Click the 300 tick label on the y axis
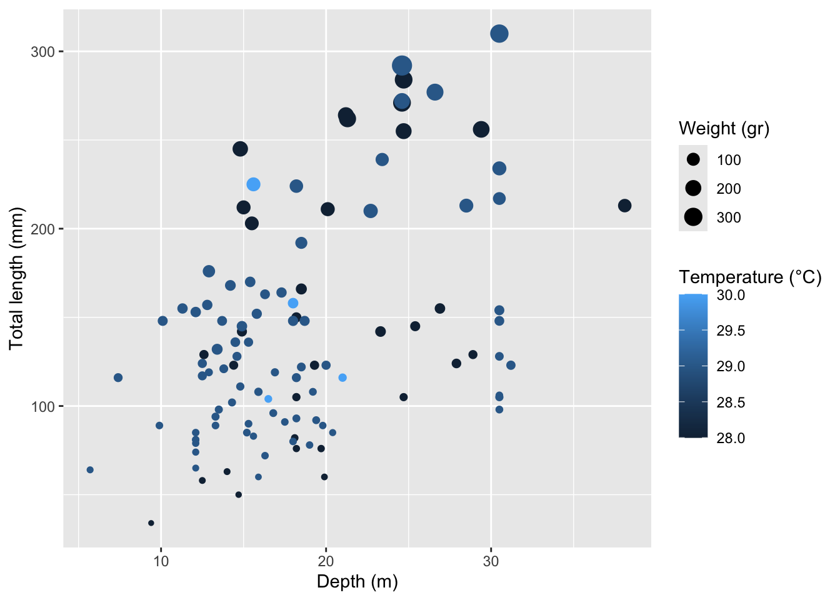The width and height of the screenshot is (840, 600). coord(42,52)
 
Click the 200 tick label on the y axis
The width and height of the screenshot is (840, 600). coord(42,229)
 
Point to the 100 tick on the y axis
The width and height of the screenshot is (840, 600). coord(42,407)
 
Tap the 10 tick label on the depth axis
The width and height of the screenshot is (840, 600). coord(161,561)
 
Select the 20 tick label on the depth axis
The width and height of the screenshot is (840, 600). coord(326,561)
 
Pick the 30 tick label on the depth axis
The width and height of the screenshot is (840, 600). coord(491,561)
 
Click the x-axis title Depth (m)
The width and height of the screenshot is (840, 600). coord(357,582)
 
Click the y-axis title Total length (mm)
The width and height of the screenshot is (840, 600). coord(16,278)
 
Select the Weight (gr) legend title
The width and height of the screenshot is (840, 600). coord(724,129)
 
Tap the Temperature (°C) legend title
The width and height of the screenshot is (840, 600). coord(750,277)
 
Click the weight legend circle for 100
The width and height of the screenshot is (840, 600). coord(693,160)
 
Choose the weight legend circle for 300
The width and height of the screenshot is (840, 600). coord(693,217)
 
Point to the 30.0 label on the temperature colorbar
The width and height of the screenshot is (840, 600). coord(731,295)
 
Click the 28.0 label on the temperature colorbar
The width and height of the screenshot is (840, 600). coord(731,438)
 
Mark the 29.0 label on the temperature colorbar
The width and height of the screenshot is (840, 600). coord(731,366)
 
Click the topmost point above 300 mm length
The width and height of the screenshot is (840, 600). coord(499,34)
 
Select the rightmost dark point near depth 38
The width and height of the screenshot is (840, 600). coord(624,206)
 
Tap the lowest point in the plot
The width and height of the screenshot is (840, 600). coord(151,523)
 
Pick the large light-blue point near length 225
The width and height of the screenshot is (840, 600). coord(253,184)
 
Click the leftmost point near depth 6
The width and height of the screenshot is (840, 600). coord(90,470)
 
